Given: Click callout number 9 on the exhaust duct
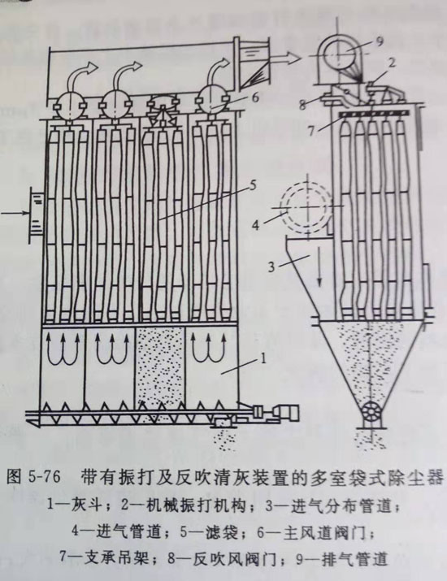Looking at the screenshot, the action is coord(379,41).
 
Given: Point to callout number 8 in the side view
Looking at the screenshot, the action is coord(303,105).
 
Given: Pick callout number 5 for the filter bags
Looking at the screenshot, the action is coord(253,185).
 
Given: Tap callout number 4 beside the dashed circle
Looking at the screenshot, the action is coord(256,223).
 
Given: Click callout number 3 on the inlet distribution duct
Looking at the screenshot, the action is coord(271,266).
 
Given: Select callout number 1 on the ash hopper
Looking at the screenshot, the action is coord(263,358).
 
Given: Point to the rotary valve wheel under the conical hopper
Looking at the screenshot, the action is coord(371,413).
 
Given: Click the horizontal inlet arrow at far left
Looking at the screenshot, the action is coord(15,213).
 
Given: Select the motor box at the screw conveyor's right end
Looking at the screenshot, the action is coord(287,413).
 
